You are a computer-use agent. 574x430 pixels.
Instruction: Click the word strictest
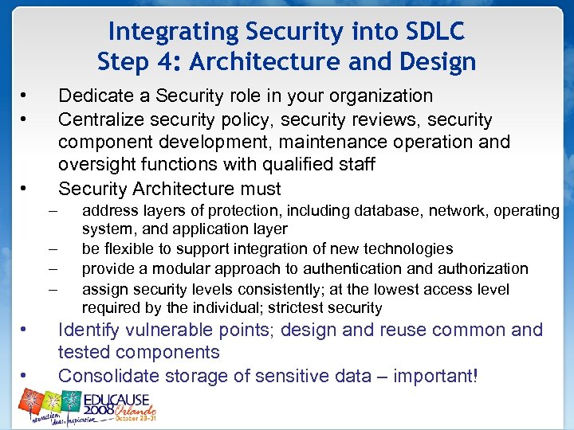point(304,308)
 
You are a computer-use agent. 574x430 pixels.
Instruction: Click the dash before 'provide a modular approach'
point(53,269)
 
